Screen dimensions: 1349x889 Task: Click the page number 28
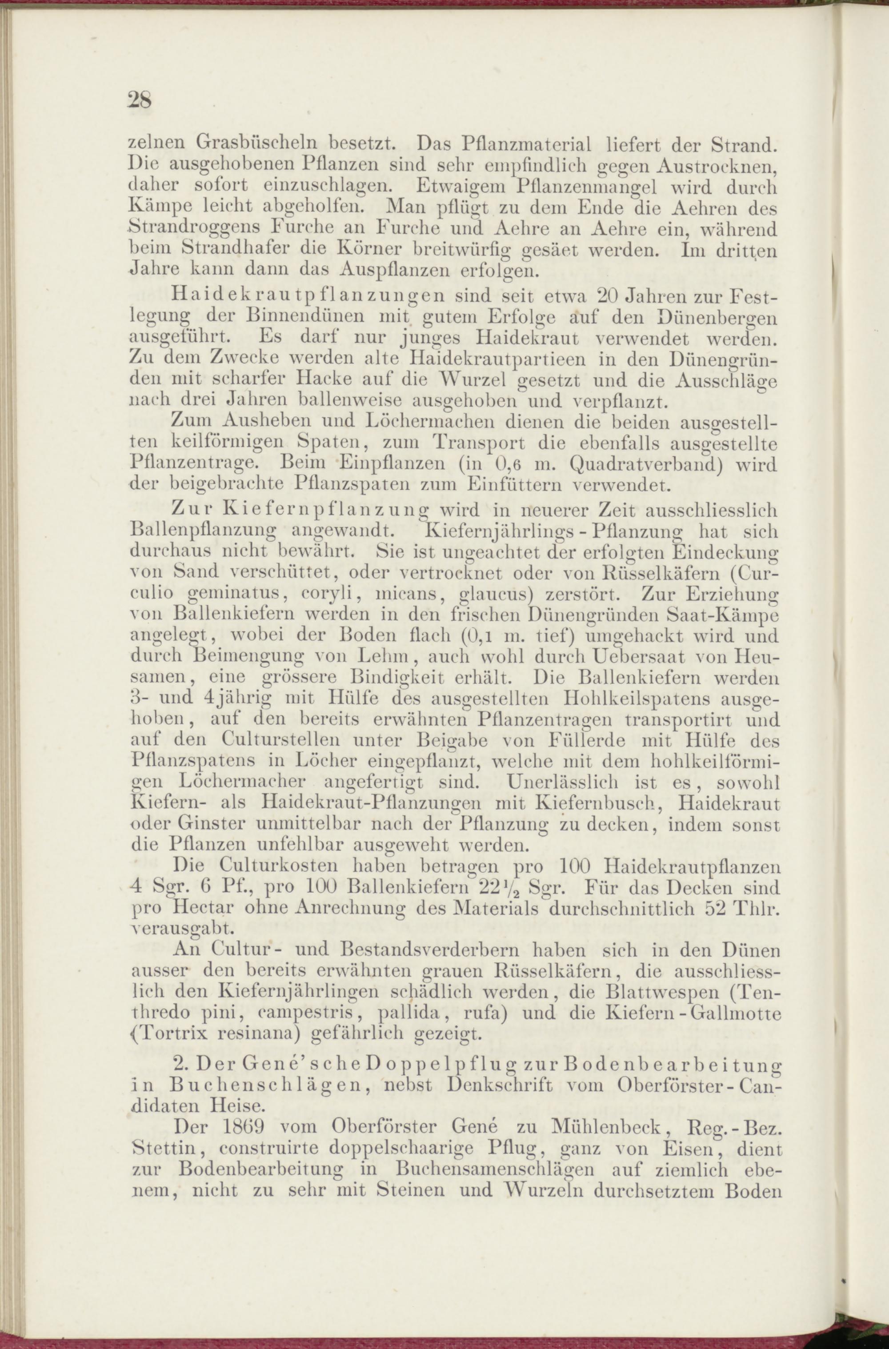pos(140,100)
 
